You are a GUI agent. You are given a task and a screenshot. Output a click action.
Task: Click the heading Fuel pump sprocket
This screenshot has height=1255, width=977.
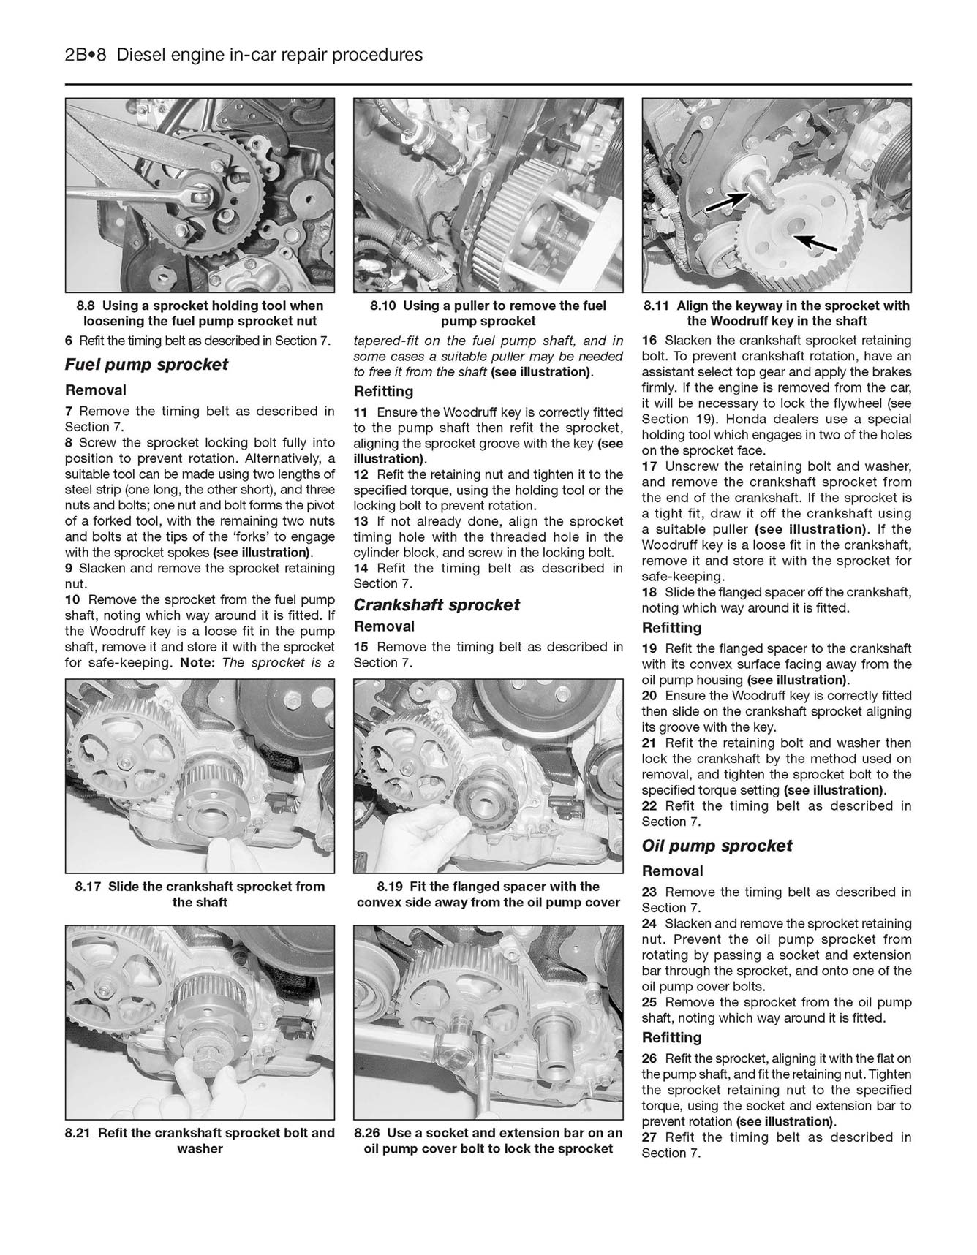pyautogui.click(x=146, y=365)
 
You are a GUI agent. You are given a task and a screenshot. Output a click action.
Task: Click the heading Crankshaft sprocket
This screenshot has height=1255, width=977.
pyautogui.click(x=437, y=605)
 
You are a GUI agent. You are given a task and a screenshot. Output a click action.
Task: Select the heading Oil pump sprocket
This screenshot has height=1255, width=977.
pyautogui.click(x=717, y=846)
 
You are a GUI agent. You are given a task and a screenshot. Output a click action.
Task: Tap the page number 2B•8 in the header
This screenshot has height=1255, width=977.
pyautogui.click(x=86, y=55)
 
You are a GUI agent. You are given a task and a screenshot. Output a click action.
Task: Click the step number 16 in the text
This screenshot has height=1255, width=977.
pyautogui.click(x=649, y=341)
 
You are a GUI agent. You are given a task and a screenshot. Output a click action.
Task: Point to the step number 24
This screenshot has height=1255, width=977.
pyautogui.click(x=649, y=924)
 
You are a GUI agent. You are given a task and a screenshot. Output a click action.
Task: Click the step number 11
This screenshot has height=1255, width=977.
pyautogui.click(x=361, y=412)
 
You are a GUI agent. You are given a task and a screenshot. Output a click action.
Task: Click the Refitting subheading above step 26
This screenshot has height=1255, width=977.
pyautogui.click(x=671, y=1038)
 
